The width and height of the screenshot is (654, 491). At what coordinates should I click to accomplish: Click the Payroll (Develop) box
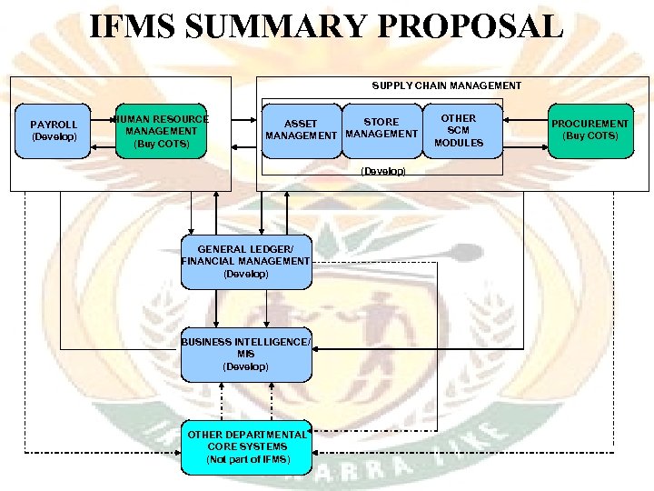coord(54,131)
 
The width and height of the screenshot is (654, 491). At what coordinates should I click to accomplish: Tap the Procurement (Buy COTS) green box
coord(590,131)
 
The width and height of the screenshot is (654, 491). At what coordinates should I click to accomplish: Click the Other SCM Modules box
coord(459,131)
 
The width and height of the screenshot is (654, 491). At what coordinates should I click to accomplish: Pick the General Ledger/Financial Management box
coord(246,262)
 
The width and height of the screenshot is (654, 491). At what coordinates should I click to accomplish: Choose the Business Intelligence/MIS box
coord(246,355)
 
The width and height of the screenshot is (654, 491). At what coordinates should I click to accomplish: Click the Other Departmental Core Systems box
coord(246,447)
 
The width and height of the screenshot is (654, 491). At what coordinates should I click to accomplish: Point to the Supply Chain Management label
coord(446,85)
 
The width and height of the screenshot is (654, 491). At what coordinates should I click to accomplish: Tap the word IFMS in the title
coord(137,26)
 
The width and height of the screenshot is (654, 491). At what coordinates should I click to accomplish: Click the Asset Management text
coord(301,130)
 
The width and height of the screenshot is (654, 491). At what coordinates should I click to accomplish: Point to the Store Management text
coord(381,128)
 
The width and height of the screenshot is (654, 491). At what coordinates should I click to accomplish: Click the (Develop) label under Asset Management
coord(382,171)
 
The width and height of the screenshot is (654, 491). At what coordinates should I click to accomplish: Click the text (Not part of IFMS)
coord(247,460)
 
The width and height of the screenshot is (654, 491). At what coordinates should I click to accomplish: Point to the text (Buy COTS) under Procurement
coord(590,136)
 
